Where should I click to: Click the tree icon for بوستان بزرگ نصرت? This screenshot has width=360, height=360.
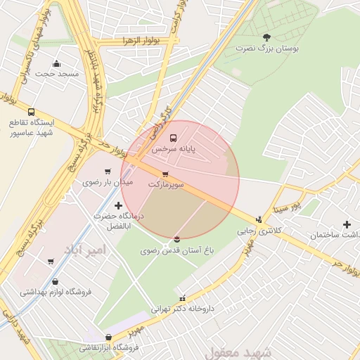pyautogui.click(x=266, y=37)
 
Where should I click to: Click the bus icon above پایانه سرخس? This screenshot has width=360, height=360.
pyautogui.click(x=174, y=137)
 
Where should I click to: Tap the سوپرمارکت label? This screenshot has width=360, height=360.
pyautogui.click(x=166, y=184)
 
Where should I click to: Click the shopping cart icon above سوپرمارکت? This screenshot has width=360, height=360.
pyautogui.click(x=165, y=174)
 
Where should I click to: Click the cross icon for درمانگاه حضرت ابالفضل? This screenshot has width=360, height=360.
pyautogui.click(x=117, y=205)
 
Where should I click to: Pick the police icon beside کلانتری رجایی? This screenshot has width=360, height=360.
pyautogui.click(x=259, y=219)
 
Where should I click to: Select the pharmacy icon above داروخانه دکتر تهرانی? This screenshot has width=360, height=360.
pyautogui.click(x=184, y=298)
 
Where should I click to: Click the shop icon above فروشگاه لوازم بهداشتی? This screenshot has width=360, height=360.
pyautogui.click(x=56, y=281)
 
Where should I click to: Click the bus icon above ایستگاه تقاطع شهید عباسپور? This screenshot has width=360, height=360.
pyautogui.click(x=31, y=112)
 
